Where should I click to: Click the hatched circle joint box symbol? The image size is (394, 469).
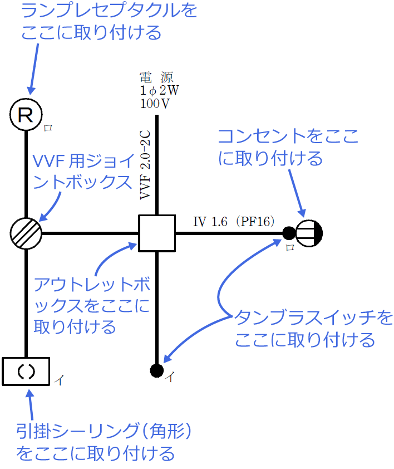click(26, 232)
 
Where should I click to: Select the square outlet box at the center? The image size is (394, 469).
click(157, 233)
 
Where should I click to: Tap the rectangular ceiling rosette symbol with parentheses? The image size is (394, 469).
click(26, 371)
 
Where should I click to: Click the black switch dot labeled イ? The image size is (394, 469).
click(156, 369)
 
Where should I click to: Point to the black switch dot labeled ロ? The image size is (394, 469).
click(288, 233)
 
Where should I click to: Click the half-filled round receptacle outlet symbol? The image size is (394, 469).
click(309, 233)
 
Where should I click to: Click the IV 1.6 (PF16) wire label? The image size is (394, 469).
click(234, 222)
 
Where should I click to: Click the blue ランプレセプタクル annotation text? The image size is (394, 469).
click(109, 21)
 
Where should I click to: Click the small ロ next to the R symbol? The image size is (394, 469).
click(48, 128)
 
